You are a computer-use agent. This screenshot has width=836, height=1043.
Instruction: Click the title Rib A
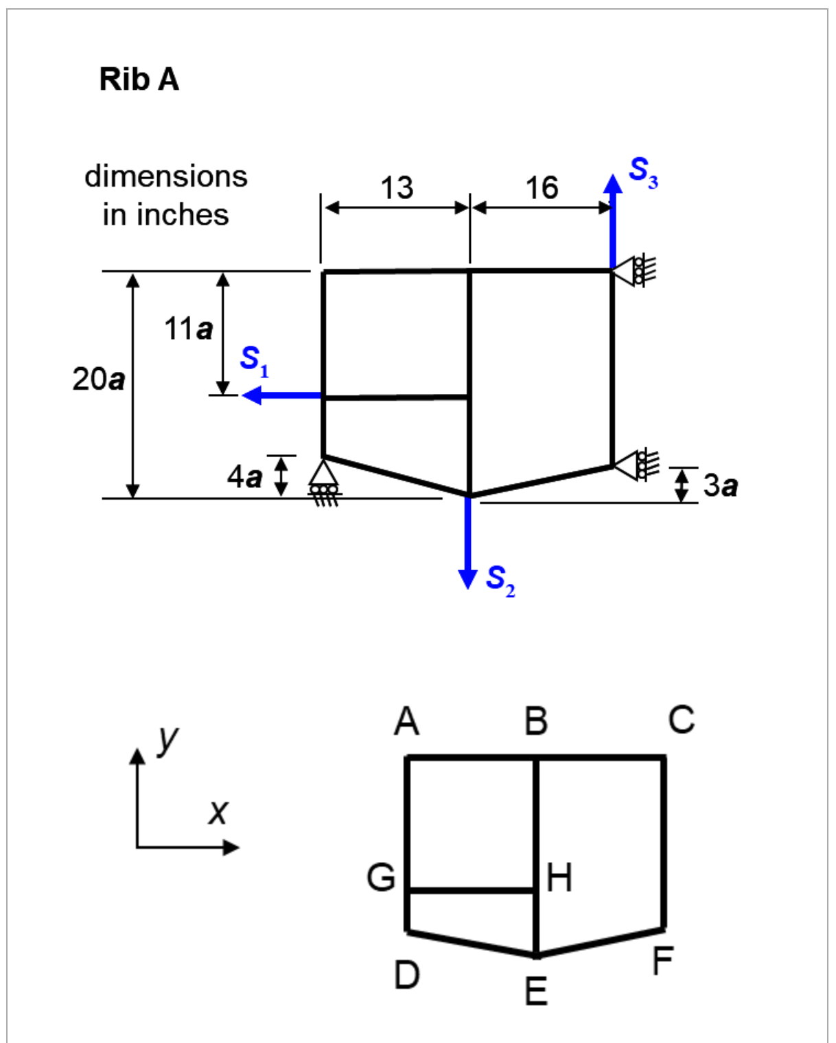139,79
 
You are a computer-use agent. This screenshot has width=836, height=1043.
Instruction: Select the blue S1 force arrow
282,395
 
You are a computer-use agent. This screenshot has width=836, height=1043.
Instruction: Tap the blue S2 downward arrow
467,542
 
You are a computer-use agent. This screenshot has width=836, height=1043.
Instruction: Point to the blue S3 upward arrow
612,220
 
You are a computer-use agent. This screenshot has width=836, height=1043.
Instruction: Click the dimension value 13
397,187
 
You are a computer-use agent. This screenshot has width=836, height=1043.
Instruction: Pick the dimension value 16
542,187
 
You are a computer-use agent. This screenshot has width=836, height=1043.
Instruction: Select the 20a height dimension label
98,379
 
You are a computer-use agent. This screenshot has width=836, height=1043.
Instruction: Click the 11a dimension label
188,329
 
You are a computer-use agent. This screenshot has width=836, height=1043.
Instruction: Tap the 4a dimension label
244,476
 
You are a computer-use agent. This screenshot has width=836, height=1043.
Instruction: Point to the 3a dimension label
721,485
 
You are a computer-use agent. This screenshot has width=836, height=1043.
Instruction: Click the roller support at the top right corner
635,270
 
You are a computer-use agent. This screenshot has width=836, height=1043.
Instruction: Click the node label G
381,877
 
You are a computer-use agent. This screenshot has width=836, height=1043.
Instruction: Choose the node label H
559,878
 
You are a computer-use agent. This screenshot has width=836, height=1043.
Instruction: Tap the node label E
536,992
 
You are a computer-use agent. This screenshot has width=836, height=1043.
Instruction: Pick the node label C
681,720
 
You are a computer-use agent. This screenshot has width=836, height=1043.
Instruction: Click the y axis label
167,739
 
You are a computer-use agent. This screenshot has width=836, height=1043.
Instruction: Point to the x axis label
218,812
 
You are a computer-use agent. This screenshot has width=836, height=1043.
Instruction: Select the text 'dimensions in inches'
165,196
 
